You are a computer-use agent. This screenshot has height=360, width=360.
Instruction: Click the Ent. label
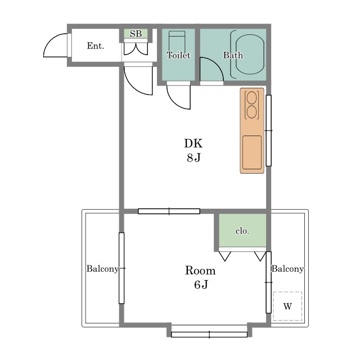pyautogui.click(x=96, y=46)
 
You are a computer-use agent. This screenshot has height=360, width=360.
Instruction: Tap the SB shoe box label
pyautogui.click(x=136, y=34)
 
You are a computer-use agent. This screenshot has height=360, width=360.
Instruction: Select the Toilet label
pyautogui.click(x=178, y=55)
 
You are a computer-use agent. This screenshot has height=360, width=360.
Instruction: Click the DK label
pyautogui.click(x=193, y=143)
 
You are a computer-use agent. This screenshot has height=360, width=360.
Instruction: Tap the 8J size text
pyautogui.click(x=193, y=157)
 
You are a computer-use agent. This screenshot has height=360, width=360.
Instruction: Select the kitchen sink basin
pyautogui.click(x=252, y=152)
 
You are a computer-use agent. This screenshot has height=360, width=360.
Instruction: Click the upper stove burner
pyautogui.click(x=251, y=97)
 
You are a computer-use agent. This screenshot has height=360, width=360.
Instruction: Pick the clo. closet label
pyautogui.click(x=242, y=231)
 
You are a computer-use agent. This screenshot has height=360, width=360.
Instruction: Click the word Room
pyautogui.click(x=200, y=271)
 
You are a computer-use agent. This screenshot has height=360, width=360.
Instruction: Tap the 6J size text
pyautogui.click(x=201, y=285)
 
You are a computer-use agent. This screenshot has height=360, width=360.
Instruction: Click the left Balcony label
pyautogui.click(x=102, y=269)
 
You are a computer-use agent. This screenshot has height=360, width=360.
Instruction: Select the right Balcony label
pyautogui.click(x=287, y=269)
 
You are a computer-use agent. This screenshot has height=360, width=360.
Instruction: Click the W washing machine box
pyautogui.click(x=287, y=306)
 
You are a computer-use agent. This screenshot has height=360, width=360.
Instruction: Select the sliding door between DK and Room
pyautogui.click(x=169, y=211)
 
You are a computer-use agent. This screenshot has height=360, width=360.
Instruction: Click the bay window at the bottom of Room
pyautogui.click(x=209, y=335)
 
